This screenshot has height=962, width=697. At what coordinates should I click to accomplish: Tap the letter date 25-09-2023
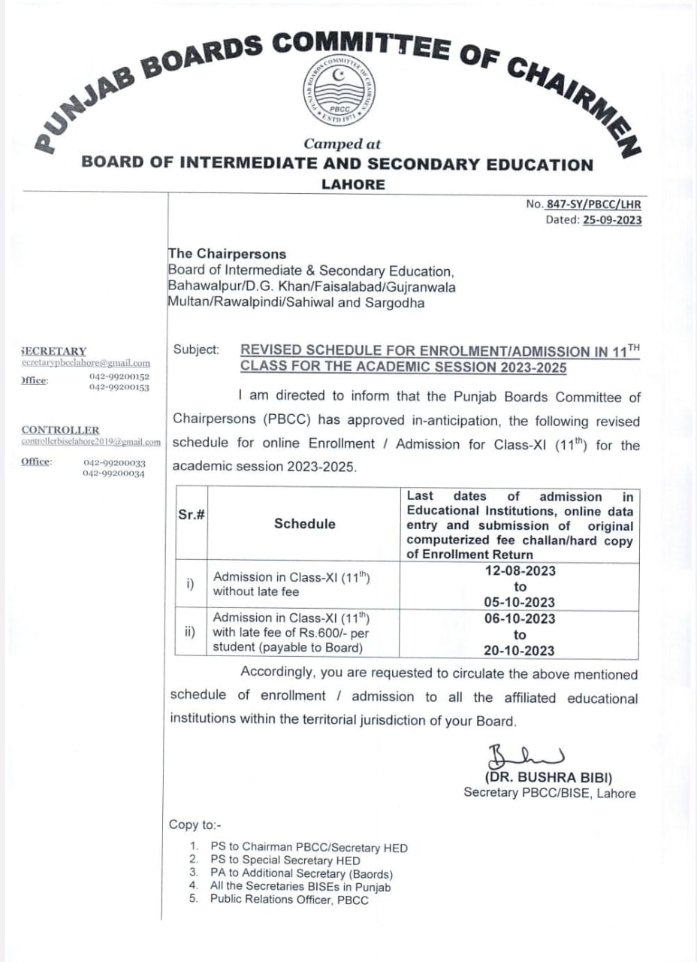tap(612, 220)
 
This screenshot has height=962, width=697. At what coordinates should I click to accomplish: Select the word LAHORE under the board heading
tap(353, 184)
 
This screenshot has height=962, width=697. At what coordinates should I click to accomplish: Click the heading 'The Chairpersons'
tap(227, 254)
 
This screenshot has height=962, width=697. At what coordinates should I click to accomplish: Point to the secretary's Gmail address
tap(86, 363)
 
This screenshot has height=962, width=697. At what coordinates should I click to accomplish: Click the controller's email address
tap(91, 442)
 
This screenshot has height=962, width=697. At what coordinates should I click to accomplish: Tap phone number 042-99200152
tap(119, 377)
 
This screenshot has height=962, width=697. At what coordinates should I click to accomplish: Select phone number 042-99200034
tap(114, 474)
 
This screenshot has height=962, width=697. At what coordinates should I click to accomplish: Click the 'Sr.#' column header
tap(192, 514)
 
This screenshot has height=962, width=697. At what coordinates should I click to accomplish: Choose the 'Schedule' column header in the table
tap(304, 524)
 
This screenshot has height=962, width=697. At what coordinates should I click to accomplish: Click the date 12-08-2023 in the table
tap(520, 570)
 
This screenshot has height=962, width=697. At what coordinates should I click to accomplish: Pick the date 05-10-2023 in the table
tap(520, 602)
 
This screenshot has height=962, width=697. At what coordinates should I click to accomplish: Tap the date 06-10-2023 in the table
tap(520, 619)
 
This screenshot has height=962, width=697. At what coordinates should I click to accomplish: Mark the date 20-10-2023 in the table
tap(520, 651)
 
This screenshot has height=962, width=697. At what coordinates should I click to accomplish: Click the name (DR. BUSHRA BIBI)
tap(548, 779)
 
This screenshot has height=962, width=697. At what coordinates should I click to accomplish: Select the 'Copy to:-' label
tap(195, 824)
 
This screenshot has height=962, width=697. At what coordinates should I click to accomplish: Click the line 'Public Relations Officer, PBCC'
tap(289, 900)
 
